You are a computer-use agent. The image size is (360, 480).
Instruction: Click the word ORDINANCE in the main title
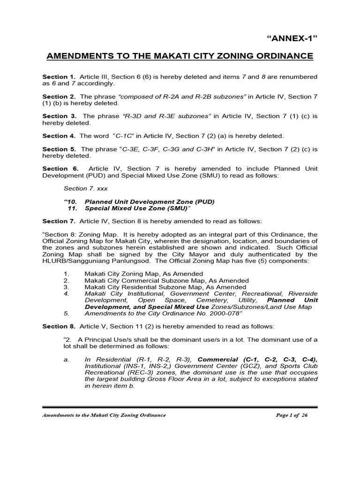280,56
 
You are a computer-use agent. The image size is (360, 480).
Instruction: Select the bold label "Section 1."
59,76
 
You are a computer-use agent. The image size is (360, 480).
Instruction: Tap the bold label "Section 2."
59,96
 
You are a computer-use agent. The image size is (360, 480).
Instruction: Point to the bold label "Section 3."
59,116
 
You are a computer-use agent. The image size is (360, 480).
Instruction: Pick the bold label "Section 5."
59,149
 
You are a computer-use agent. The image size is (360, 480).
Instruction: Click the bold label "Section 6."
59,169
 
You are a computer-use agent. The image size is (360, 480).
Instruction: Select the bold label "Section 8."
59,326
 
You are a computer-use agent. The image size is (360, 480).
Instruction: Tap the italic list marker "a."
67,360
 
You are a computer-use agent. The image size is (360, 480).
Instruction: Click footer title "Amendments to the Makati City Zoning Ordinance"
104,416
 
